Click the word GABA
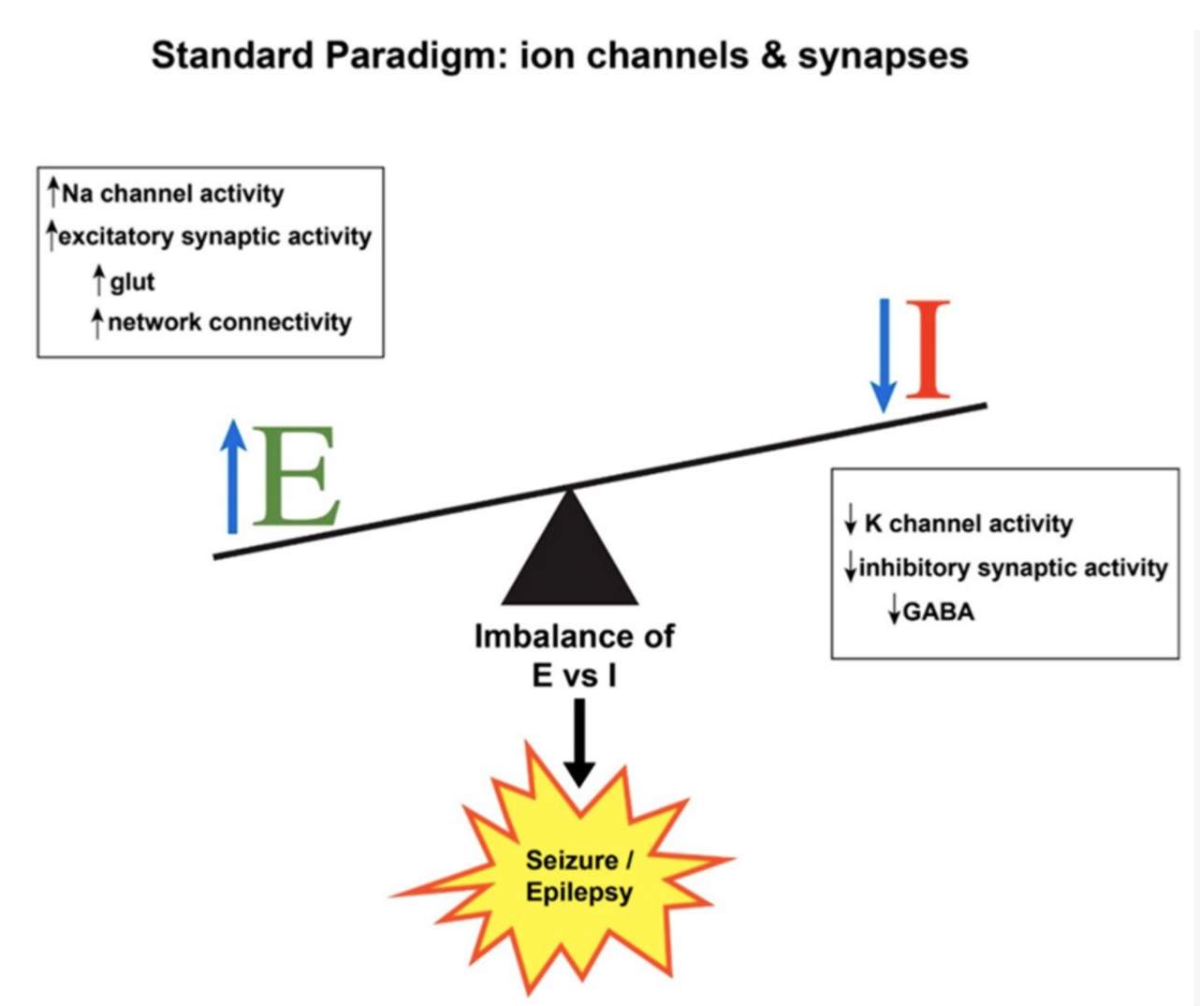pyautogui.click(x=939, y=612)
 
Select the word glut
pyautogui.click(x=132, y=281)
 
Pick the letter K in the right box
pyautogui.click(x=873, y=523)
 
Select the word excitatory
pyautogui.click(x=117, y=237)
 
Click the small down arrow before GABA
pyautogui.click(x=894, y=612)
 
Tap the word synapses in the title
pyautogui.click(x=883, y=57)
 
